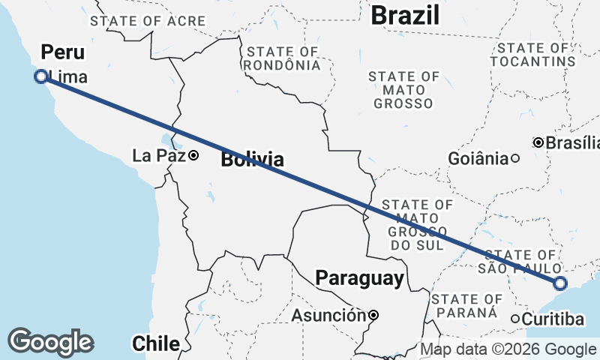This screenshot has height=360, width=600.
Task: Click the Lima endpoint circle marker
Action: pyautogui.click(x=41, y=76)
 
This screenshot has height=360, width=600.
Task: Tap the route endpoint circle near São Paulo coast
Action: pyautogui.click(x=560, y=283)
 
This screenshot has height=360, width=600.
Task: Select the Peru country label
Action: pyautogui.click(x=62, y=52)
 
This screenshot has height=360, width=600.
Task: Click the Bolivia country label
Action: pyautogui.click(x=252, y=159)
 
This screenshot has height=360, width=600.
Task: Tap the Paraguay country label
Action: pyautogui.click(x=359, y=279)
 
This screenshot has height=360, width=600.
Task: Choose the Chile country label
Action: pyautogui.click(x=156, y=343)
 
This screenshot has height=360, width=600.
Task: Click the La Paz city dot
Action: pyautogui.click(x=193, y=156)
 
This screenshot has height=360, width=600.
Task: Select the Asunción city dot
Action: pyautogui.click(x=373, y=316)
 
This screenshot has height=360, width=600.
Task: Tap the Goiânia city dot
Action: pyautogui.click(x=515, y=158)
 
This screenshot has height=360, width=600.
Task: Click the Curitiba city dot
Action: pyautogui.click(x=516, y=319)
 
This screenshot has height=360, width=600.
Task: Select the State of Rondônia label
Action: pyautogui.click(x=283, y=58)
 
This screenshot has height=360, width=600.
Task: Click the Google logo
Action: pyautogui.click(x=50, y=341)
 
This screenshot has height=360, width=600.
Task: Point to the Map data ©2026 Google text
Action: pyautogui.click(x=508, y=349)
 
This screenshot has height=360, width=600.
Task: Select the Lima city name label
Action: pyautogui.click(x=67, y=76)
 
